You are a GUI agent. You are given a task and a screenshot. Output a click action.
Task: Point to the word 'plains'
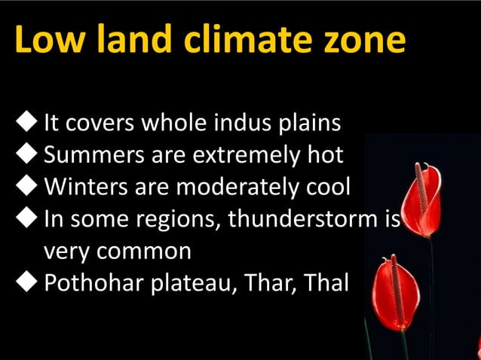coord(312,122)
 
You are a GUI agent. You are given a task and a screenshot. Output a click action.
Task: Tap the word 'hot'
coord(323,155)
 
